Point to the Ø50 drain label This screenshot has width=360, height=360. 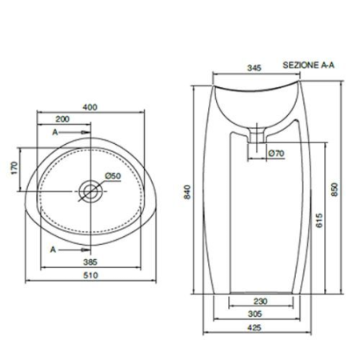tap(112, 176)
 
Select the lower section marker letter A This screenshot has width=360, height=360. tap(54, 250)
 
